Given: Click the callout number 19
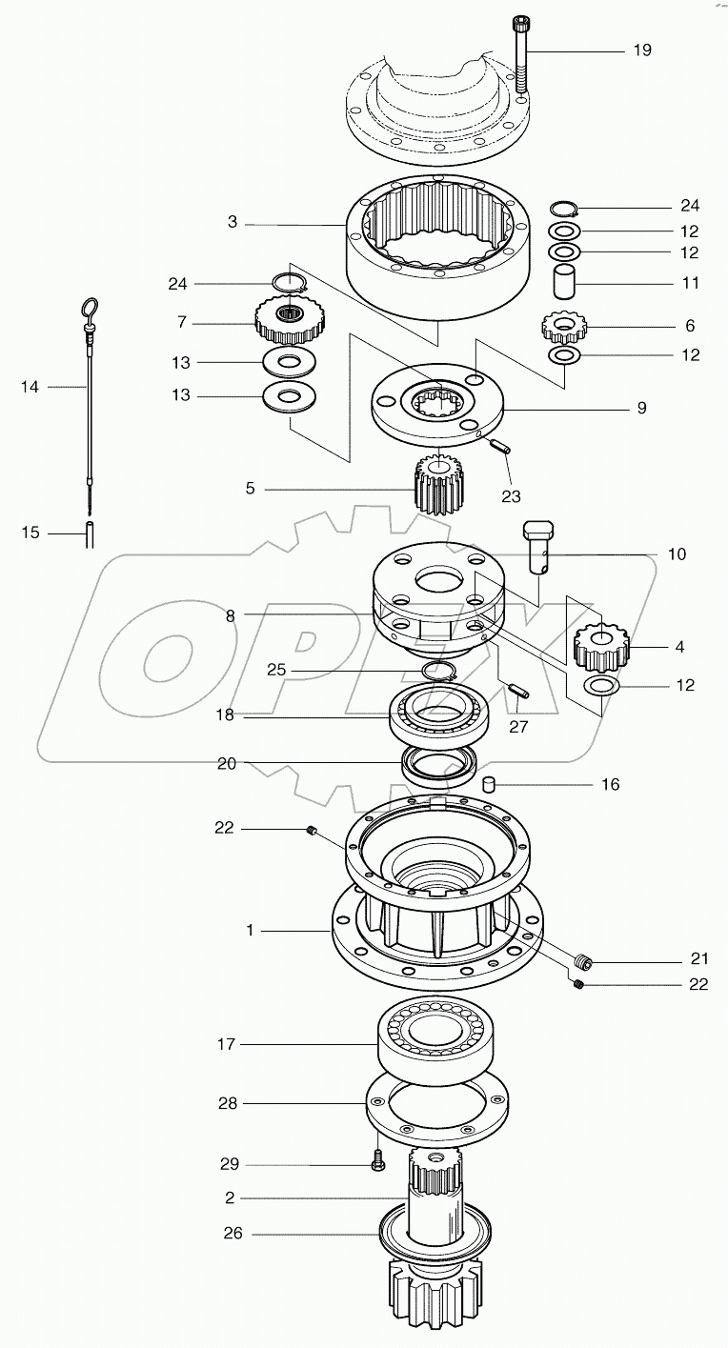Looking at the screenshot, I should click(642, 50).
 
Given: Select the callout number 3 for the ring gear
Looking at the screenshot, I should click(233, 222).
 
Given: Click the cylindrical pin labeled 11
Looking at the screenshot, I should click(569, 284).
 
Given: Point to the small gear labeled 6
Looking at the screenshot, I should click(563, 327).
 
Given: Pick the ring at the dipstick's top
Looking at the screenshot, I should click(88, 309).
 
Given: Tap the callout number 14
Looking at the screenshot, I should click(30, 387).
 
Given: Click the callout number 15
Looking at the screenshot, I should click(30, 533).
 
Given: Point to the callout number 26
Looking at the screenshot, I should click(233, 1233).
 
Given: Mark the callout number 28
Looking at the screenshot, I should click(227, 1103).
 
